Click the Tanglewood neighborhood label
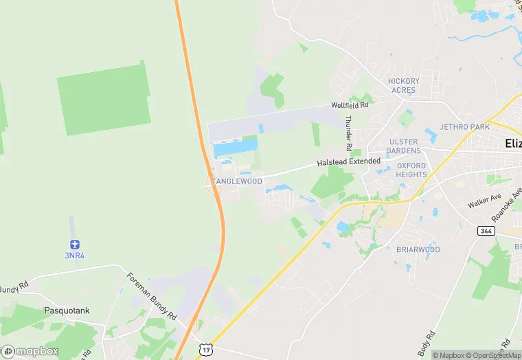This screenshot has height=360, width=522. (237, 181)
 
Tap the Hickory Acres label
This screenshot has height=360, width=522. (403, 86)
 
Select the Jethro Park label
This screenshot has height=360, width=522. (465, 127)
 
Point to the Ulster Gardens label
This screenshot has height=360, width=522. (403, 146)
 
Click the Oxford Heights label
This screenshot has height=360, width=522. (411, 170)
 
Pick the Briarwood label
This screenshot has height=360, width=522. (418, 249)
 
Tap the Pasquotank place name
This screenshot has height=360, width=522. (67, 311)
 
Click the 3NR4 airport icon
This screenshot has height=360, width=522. (74, 245)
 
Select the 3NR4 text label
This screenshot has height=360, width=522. (74, 256)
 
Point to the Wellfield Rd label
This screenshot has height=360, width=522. (350, 106)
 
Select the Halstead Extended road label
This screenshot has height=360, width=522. (348, 162)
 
